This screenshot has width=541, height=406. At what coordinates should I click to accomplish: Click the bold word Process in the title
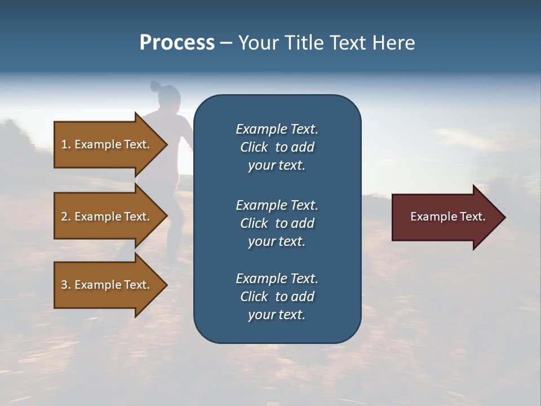[x=177, y=43]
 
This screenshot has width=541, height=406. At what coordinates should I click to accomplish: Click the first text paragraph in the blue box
[x=277, y=147]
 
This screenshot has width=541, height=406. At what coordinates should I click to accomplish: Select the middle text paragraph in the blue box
[x=277, y=223]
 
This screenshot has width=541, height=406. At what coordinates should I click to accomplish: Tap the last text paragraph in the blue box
[x=277, y=297]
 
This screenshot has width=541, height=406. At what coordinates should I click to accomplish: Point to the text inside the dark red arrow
[x=447, y=217]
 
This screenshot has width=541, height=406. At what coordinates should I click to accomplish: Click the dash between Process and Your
[x=226, y=43]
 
